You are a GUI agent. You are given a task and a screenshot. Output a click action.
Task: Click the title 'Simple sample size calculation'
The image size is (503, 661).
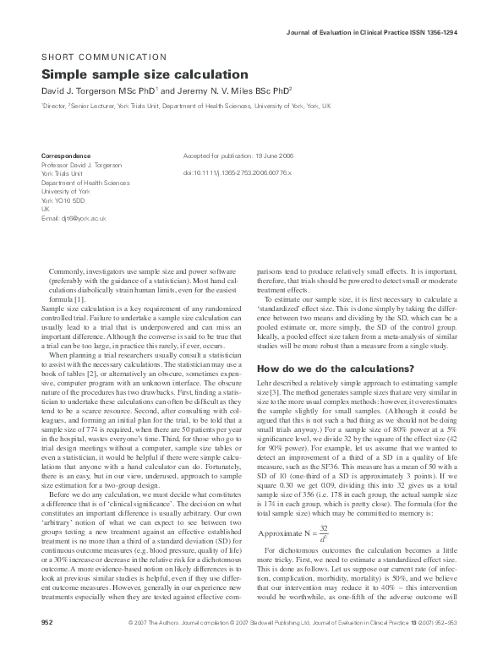[x=145, y=74]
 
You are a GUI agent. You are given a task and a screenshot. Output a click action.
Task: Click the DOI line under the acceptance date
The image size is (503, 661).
[x=237, y=172]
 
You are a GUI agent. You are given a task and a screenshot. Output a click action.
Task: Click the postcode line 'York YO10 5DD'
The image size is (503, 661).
[x=63, y=200]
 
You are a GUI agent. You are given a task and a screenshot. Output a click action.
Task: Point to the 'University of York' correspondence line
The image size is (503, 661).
[x=66, y=191]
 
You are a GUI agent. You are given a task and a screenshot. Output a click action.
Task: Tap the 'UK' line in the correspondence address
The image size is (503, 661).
[x=46, y=209]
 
